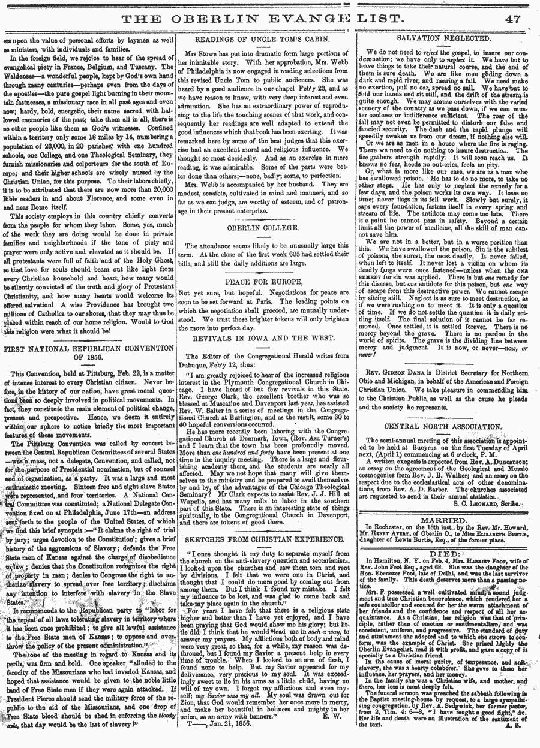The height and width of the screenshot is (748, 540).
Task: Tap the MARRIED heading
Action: [x=445, y=521]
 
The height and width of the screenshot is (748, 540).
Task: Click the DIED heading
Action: [x=444, y=555]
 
